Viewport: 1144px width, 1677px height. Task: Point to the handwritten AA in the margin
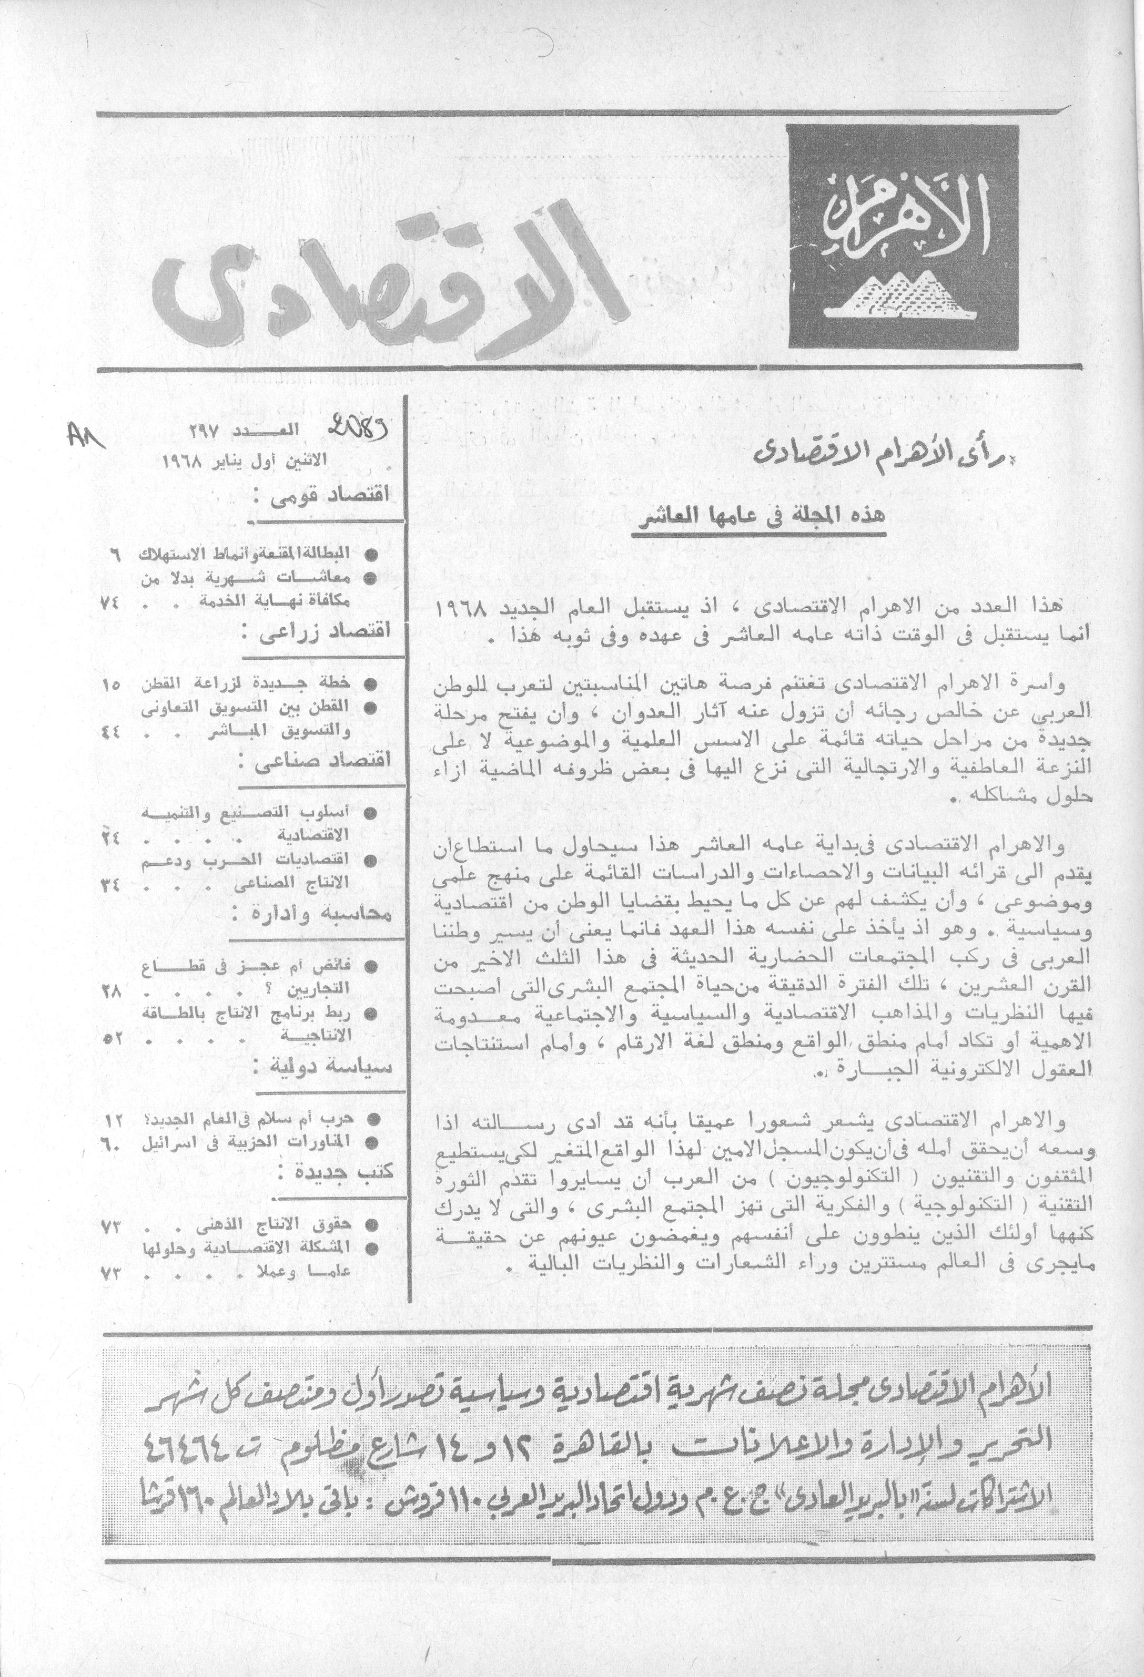point(85,437)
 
